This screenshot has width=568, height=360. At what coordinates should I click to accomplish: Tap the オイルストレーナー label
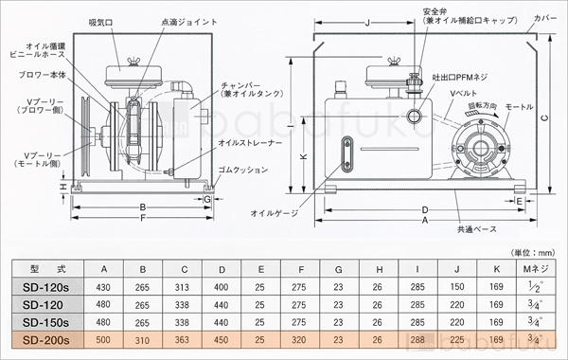point(249,141)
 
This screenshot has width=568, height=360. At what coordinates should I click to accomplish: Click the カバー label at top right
point(546,16)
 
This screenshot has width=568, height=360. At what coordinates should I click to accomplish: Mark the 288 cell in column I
point(416,339)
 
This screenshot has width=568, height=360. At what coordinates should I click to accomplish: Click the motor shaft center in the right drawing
point(477,150)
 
